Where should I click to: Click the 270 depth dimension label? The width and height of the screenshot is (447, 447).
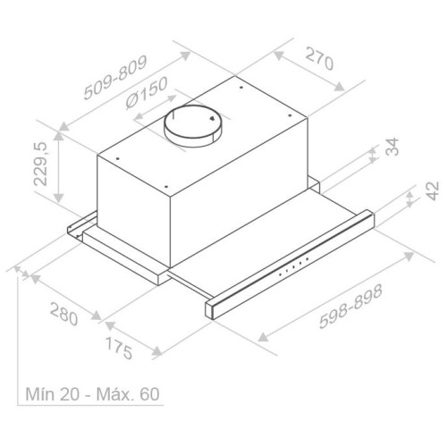coord(319,59)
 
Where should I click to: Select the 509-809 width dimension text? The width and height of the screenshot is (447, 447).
coord(115,78)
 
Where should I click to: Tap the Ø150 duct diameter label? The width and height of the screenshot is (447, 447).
coord(147,93)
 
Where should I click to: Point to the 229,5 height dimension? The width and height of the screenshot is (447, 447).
coord(40,164)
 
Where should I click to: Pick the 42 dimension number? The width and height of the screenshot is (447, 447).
coord(433,190)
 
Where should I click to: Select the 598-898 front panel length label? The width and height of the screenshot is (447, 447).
coord(350,307)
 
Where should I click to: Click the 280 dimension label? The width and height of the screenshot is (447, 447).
coord(64,314)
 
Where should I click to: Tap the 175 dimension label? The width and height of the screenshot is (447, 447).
coord(119,348)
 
